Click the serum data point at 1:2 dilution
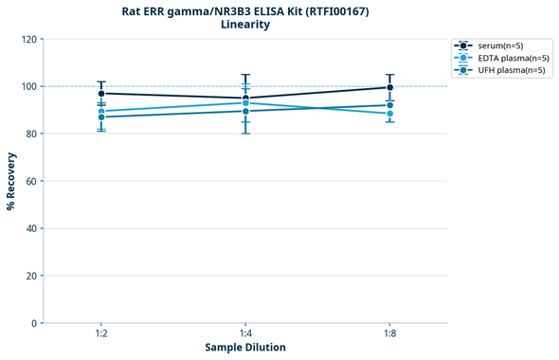101,94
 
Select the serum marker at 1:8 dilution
389,87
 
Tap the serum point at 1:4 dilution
245,99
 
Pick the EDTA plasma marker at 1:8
389,114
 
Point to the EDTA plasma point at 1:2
101,112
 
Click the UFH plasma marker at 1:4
245,111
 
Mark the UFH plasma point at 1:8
389,105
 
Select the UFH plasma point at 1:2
101,117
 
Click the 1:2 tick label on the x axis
101,333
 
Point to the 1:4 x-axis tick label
245,333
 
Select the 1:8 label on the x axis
389,333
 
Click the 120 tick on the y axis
28,40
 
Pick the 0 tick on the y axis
34,323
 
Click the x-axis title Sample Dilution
245,348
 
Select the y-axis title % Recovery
11,181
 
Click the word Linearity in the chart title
245,25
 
